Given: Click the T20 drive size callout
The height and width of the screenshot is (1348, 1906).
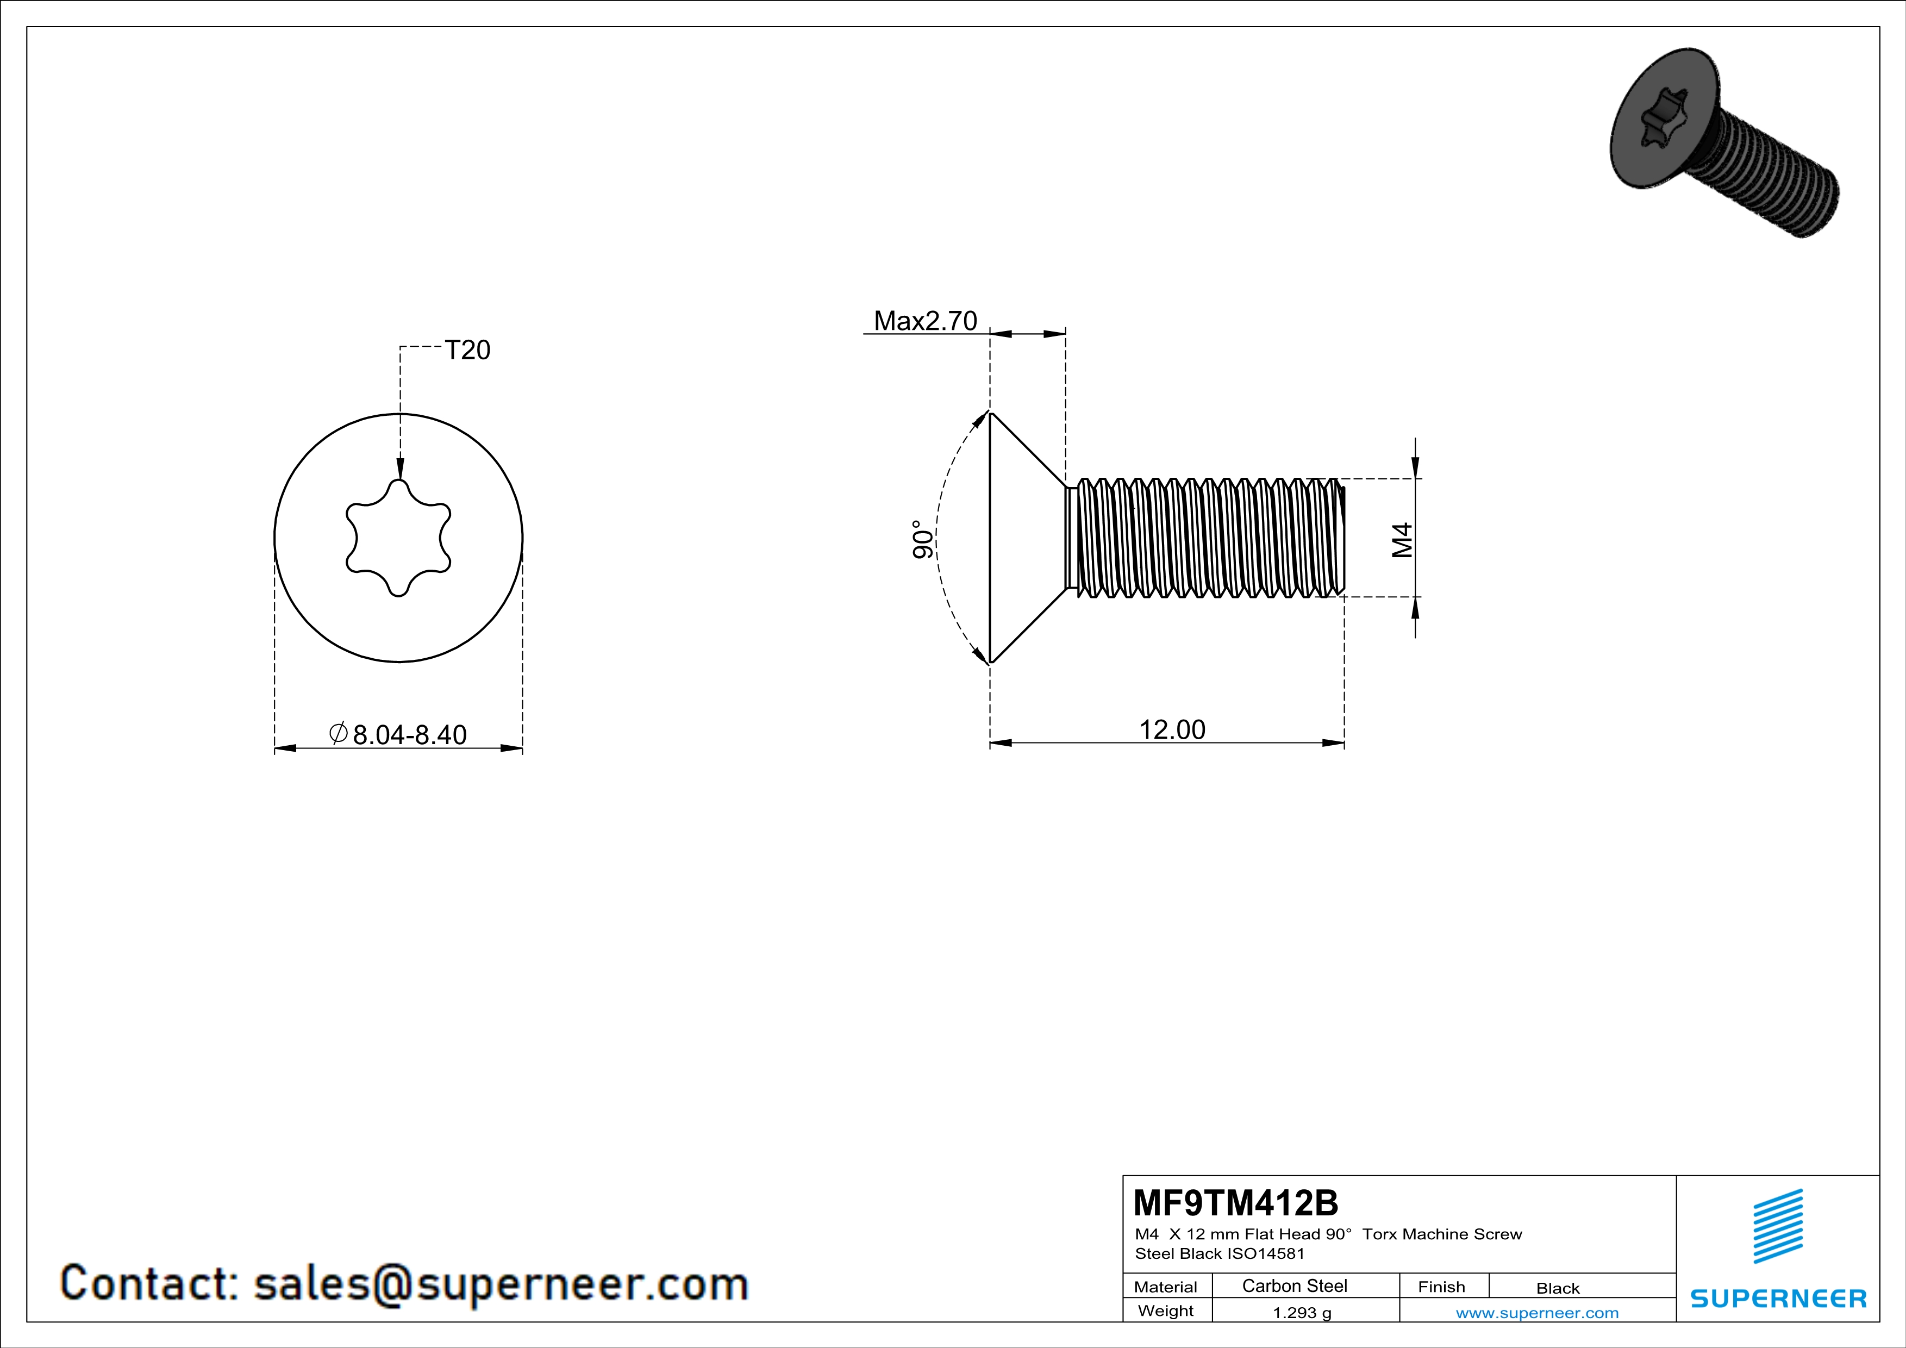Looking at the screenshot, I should tap(467, 350).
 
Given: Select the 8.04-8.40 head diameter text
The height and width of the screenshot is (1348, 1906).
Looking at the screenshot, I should tap(410, 734).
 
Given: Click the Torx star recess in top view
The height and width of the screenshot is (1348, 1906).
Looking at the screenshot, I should tap(398, 538).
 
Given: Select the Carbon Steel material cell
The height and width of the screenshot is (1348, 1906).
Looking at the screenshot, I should tap(1294, 1285).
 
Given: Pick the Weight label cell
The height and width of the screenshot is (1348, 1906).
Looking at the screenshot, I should tap(1166, 1310).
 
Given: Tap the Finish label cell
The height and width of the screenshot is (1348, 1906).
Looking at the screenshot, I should tap(1441, 1287).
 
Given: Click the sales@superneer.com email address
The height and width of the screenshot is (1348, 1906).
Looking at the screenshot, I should tap(501, 1283).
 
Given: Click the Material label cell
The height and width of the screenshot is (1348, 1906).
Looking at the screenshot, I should tap(1166, 1287).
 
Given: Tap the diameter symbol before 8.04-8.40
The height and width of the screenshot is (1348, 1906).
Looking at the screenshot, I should tap(338, 734).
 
